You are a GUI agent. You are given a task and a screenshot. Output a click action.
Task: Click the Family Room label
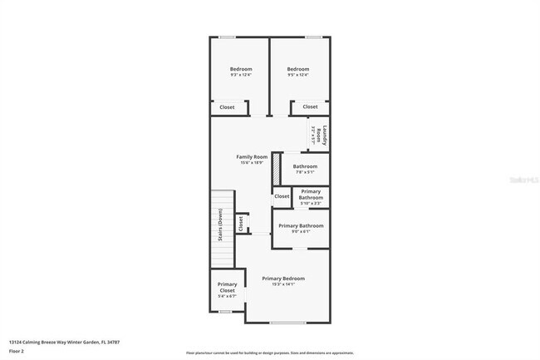tap(252, 156)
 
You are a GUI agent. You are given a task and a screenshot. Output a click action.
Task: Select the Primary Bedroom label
tap(283, 278)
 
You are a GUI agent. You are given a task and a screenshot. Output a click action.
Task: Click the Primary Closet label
tap(227, 287)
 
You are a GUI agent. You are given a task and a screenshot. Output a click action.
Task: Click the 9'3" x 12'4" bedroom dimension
tap(241, 76)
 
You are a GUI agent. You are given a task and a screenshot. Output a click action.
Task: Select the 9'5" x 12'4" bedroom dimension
tap(297, 76)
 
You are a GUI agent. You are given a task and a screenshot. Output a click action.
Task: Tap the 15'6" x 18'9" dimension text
tap(252, 163)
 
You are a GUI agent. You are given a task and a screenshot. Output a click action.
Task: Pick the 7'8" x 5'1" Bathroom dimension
tap(306, 173)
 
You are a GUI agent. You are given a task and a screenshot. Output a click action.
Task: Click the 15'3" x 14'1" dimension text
tap(283, 284)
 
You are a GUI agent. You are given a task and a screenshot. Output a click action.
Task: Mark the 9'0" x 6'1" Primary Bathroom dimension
tap(301, 232)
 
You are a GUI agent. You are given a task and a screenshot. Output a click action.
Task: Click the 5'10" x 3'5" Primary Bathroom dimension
tap(310, 202)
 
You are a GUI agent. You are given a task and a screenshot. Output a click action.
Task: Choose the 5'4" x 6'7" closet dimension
tap(227, 296)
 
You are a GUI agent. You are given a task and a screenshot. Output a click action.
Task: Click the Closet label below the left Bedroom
tap(227, 107)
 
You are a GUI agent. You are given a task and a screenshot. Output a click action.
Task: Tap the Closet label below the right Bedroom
tap(310, 107)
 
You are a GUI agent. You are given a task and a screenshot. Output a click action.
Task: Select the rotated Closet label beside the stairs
tap(241, 223)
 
